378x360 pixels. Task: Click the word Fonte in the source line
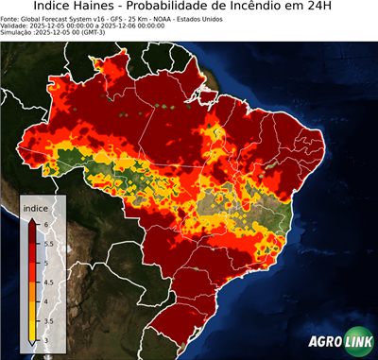click(11, 19)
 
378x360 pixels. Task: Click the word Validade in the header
click(17, 26)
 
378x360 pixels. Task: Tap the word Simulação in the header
click(19, 34)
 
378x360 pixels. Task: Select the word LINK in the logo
click(360, 342)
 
